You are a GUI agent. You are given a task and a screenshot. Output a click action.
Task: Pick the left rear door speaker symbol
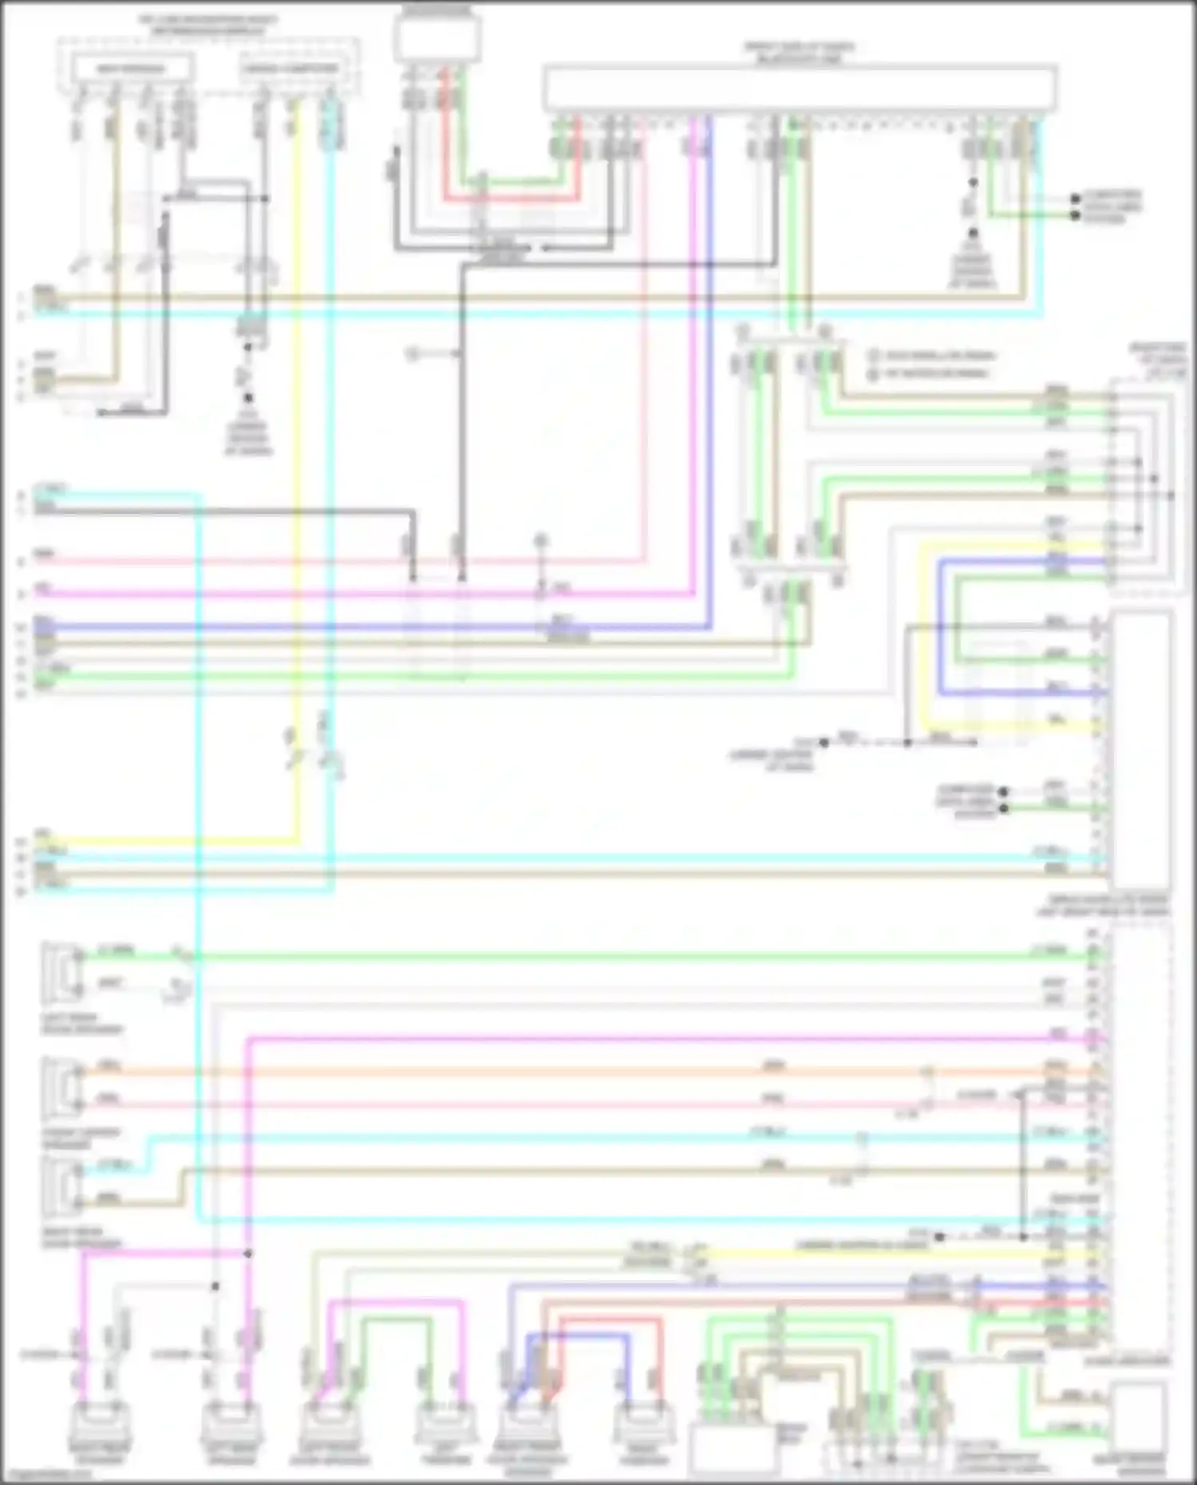pyautogui.click(x=62, y=971)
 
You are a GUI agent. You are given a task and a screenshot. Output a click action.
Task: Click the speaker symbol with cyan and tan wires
pyautogui.click(x=62, y=1183)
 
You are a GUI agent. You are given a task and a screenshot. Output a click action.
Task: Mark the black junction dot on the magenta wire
pyautogui.click(x=247, y=1254)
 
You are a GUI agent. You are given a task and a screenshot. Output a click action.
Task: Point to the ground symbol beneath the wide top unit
pyautogui.click(x=972, y=235)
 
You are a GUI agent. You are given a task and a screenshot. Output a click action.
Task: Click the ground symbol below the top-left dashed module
pyautogui.click(x=247, y=398)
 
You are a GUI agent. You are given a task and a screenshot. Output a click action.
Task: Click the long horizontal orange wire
pyautogui.click(x=559, y=1072)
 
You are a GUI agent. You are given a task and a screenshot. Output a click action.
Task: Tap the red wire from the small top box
pyautogui.click(x=447, y=144)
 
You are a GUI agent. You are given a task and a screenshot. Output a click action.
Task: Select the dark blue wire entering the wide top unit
pyautogui.click(x=709, y=319)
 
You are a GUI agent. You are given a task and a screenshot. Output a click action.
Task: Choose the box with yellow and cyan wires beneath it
pyautogui.click(x=290, y=69)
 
